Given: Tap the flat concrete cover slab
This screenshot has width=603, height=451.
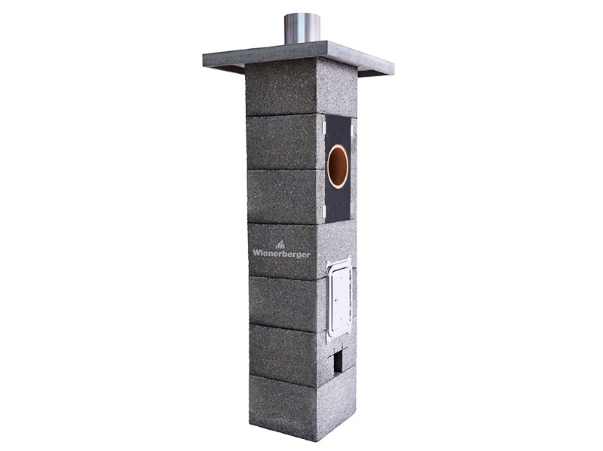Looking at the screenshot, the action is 298,59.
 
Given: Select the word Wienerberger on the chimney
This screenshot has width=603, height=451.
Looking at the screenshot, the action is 281,254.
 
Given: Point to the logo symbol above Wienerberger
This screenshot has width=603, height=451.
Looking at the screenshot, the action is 280,245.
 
